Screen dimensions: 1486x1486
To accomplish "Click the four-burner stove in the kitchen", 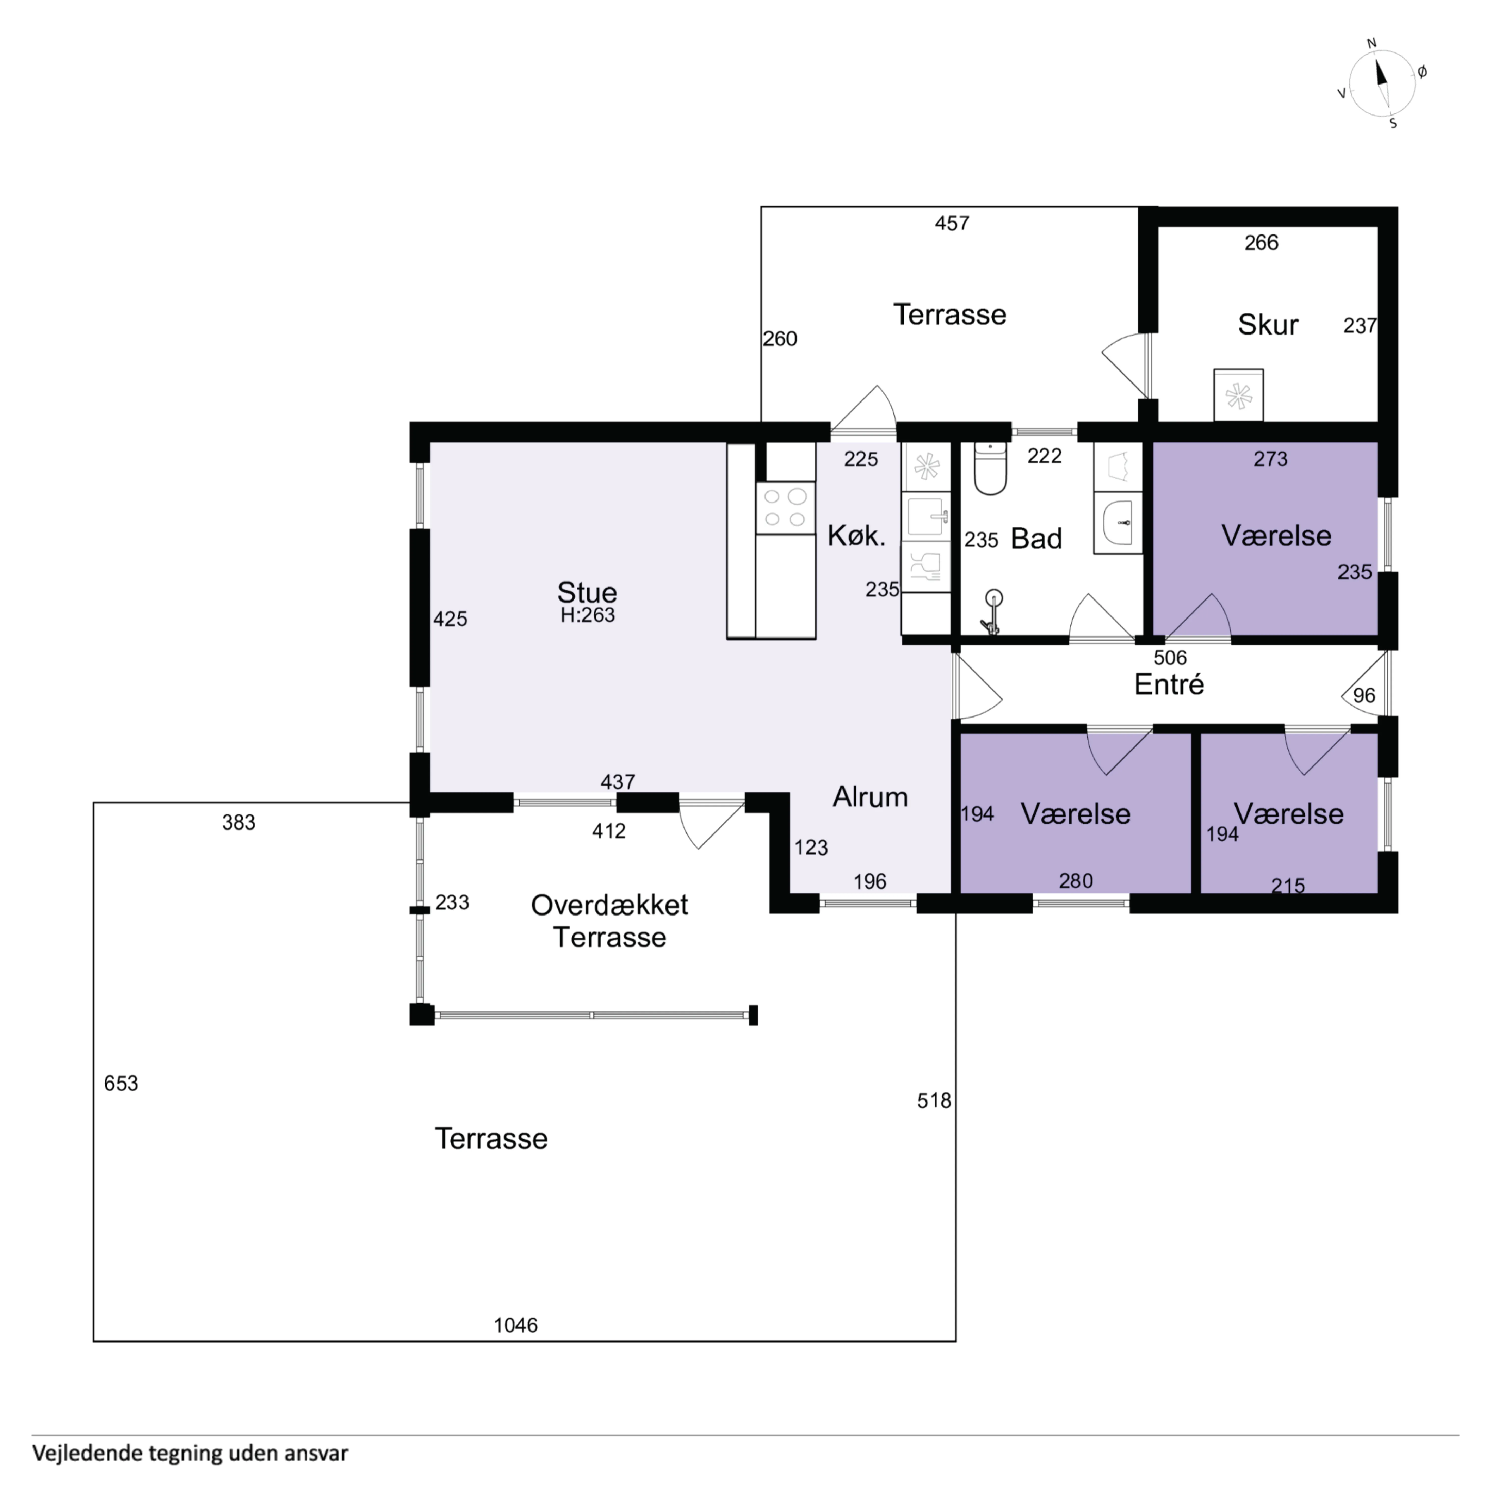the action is pyautogui.click(x=785, y=508).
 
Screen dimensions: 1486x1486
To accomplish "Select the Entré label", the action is pyautogui.click(x=1169, y=684).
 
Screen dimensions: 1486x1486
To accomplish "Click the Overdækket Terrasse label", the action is pyautogui.click(x=609, y=921).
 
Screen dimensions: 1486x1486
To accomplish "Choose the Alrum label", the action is pyautogui.click(x=870, y=797).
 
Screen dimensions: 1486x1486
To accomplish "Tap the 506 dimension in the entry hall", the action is pyautogui.click(x=1170, y=658).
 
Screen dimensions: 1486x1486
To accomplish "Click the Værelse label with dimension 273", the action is pyautogui.click(x=1276, y=535).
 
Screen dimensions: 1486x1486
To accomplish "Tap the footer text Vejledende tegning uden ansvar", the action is pyautogui.click(x=190, y=1453).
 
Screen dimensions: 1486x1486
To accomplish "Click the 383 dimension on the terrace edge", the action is pyautogui.click(x=239, y=822).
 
